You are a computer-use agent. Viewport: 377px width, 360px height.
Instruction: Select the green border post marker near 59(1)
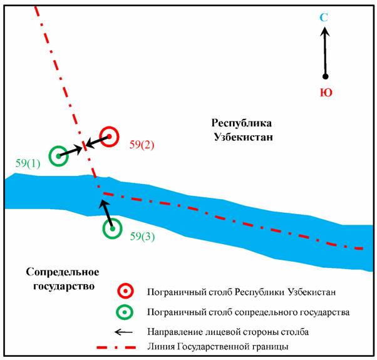coord(58,155)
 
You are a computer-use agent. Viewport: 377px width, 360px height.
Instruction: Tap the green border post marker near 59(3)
coord(112,229)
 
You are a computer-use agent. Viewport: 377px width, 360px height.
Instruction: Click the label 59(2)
coord(142,145)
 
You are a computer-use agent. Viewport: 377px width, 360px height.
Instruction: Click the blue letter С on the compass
coord(324,18)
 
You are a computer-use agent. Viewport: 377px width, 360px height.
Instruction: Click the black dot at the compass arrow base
coord(325,76)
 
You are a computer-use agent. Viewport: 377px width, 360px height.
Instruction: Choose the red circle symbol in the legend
coord(126,291)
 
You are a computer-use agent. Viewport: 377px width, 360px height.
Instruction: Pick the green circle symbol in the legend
coord(126,311)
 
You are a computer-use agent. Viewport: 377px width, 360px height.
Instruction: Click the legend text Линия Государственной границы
coord(218,346)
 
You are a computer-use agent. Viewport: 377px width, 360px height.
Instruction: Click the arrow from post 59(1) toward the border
coord(70,152)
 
